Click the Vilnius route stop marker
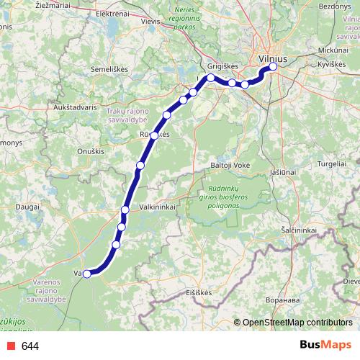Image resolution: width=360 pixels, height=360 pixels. [273, 67]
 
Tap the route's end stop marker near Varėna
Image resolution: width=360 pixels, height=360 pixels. [87, 274]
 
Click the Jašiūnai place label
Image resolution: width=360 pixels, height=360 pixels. [282, 172]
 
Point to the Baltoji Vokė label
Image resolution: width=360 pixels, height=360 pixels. [230, 165]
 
